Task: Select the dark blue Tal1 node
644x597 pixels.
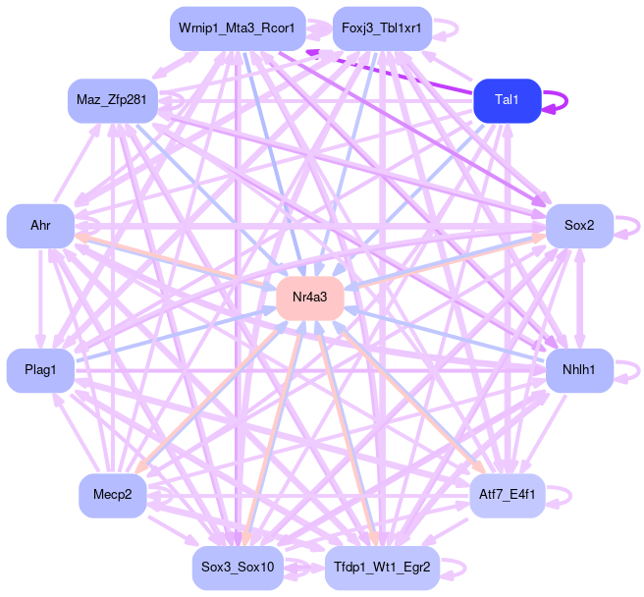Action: point(507,100)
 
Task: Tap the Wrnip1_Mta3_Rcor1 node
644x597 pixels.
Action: point(237,28)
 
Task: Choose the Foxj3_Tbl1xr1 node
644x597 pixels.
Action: point(382,28)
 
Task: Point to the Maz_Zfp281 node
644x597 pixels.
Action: point(112,100)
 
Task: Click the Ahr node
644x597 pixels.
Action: point(40,226)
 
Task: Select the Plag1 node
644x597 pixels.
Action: point(40,370)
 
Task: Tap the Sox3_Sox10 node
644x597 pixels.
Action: point(237,568)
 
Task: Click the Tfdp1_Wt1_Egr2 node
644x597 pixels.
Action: point(382,568)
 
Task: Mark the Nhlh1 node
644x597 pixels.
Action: point(579,370)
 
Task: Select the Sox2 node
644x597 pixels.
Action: point(579,226)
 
